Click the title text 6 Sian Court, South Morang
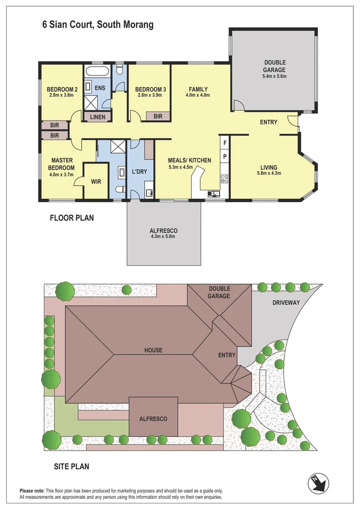point(98,25)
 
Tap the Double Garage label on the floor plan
point(275,66)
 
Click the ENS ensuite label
point(100,88)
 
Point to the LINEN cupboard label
point(98,116)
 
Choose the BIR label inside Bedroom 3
point(158,116)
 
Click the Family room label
point(198,89)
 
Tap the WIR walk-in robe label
point(96,181)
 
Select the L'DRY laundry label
point(140,172)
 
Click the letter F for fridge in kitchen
point(225,143)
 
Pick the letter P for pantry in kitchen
point(225,156)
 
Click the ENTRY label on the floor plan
point(269,123)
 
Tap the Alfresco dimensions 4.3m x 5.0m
point(163,236)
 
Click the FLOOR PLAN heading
point(72,218)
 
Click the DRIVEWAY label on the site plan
point(286,303)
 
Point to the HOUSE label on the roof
point(153,350)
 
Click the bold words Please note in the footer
point(33,491)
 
